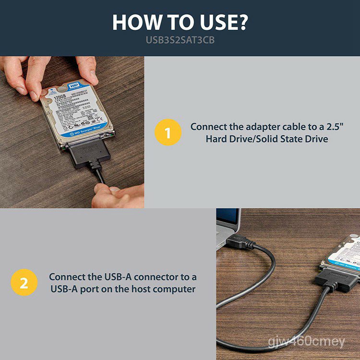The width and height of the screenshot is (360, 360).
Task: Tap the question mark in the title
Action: (x=242, y=23)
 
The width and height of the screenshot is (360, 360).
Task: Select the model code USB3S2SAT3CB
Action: (x=180, y=40)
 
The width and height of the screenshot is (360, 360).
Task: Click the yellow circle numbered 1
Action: (x=168, y=133)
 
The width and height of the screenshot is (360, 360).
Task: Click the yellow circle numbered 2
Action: (x=24, y=283)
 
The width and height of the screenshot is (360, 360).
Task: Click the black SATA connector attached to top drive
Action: (x=91, y=151)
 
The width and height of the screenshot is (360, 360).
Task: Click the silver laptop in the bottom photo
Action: (x=227, y=226)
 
